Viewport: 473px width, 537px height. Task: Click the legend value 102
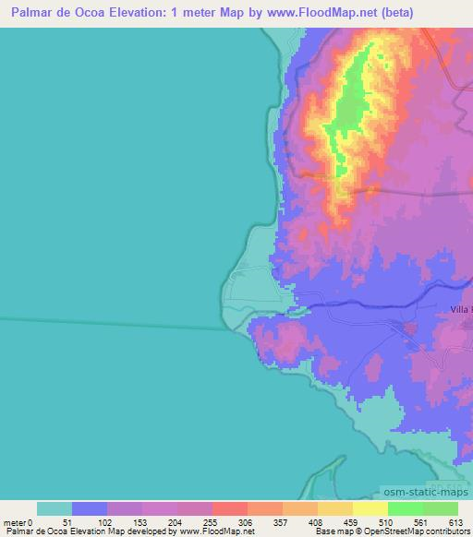[104, 521]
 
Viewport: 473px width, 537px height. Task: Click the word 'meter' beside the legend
[16, 521]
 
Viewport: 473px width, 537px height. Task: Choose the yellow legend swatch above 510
[370, 508]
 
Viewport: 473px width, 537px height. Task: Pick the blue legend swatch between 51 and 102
[90, 508]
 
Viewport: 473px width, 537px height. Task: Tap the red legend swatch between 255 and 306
[229, 508]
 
